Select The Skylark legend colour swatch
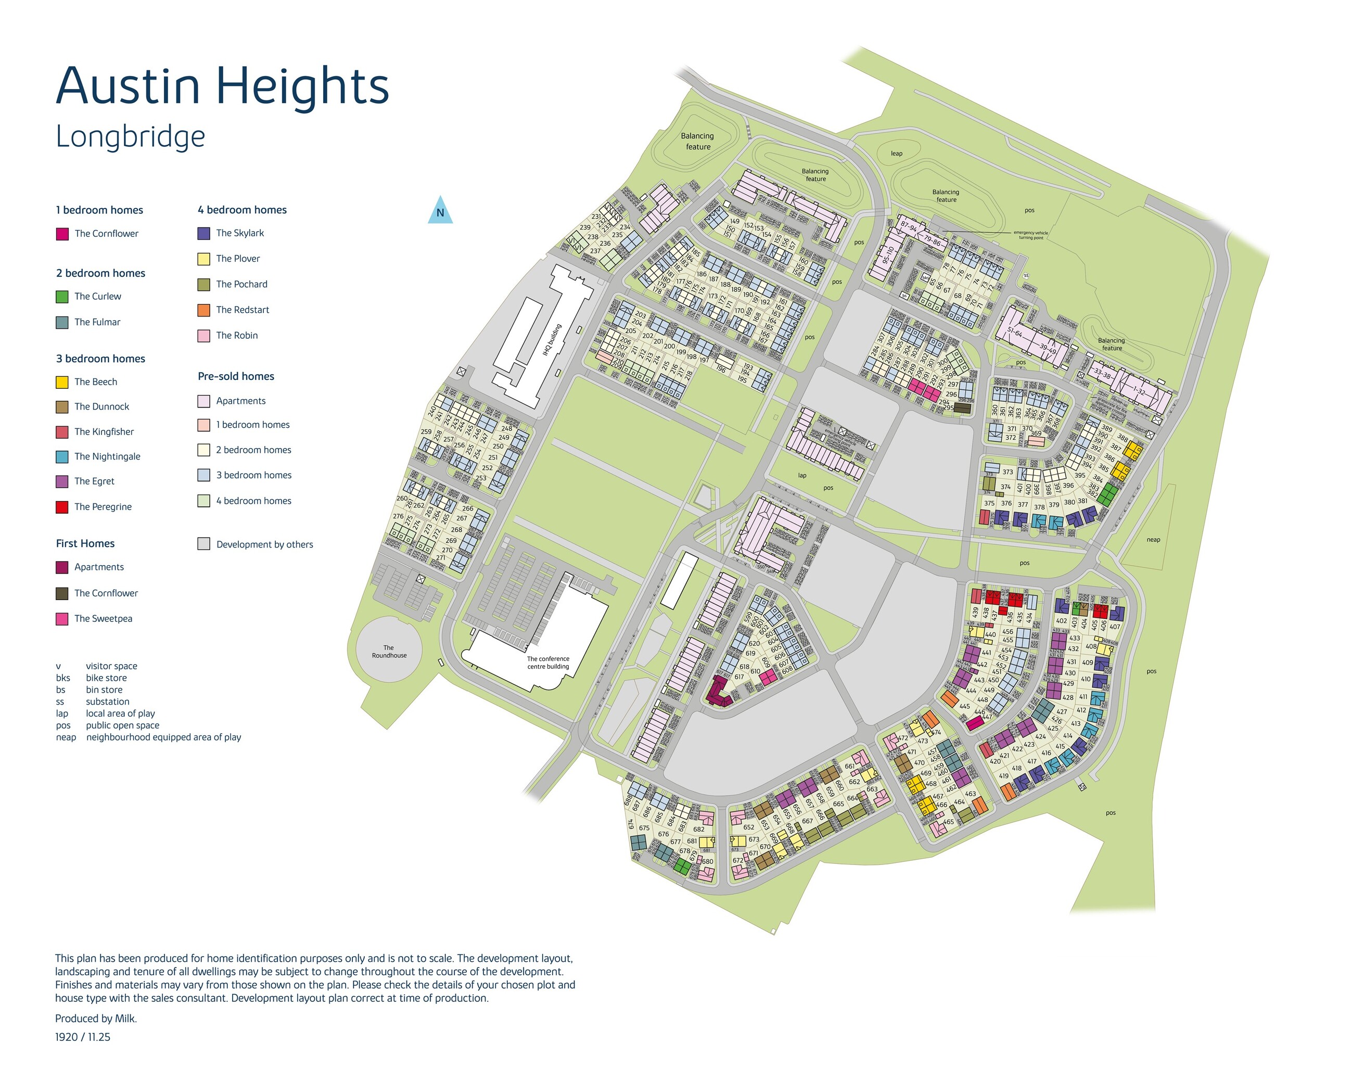(x=204, y=234)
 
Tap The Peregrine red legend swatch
(x=62, y=507)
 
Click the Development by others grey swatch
(x=204, y=544)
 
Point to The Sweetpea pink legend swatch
(x=62, y=619)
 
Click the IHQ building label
(x=552, y=339)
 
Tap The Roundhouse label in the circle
(x=389, y=652)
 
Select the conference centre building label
(x=548, y=663)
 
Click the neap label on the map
(x=1153, y=540)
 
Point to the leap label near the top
(x=896, y=154)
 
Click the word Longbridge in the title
(x=131, y=137)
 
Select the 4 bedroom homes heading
(x=242, y=210)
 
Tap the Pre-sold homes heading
(x=236, y=377)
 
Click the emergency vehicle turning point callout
(x=1030, y=235)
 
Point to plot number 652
(x=749, y=827)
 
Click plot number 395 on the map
(x=1079, y=475)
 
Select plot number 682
(x=698, y=830)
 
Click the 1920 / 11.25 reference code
(x=83, y=1037)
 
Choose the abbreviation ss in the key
(x=60, y=702)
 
